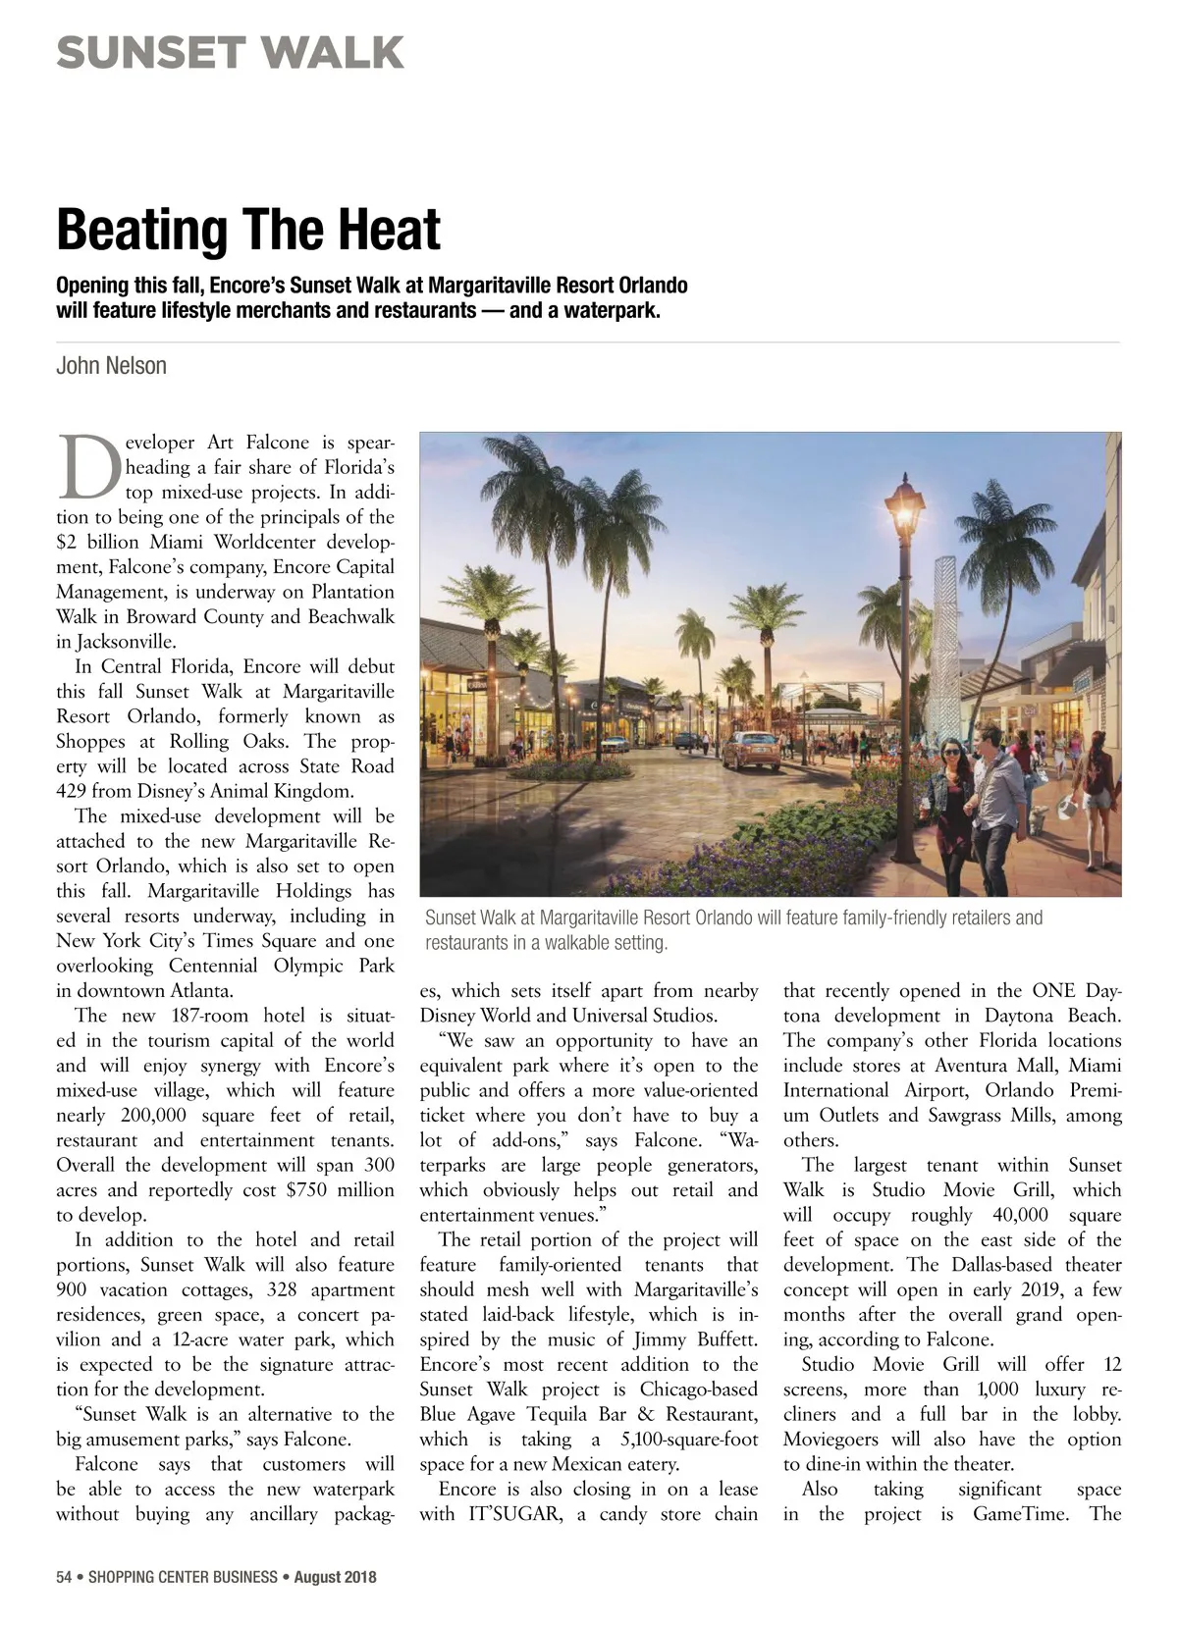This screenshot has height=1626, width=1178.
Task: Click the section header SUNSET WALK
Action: pyautogui.click(x=230, y=52)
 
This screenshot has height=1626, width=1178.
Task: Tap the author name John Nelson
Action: pyautogui.click(x=111, y=366)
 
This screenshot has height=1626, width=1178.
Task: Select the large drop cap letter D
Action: pyautogui.click(x=88, y=467)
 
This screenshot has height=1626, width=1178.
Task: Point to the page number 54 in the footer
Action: pyautogui.click(x=64, y=1577)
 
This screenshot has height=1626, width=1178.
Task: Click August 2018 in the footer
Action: pyautogui.click(x=335, y=1577)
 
